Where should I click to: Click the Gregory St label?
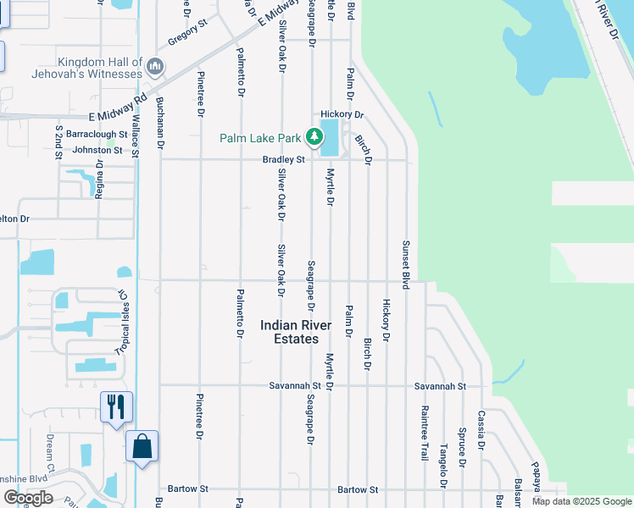[187, 32]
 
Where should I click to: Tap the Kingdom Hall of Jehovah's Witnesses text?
[99, 69]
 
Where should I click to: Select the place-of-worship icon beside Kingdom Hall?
[154, 66]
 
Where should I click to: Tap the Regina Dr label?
[100, 177]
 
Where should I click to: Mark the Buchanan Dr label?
[159, 123]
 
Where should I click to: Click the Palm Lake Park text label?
[260, 137]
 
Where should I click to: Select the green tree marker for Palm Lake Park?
[314, 136]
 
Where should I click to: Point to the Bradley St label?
[283, 159]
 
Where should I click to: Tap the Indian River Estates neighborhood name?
[290, 332]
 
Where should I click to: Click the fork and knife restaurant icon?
[116, 406]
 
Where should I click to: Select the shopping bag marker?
[142, 446]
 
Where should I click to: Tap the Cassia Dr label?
[481, 429]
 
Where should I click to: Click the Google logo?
[28, 498]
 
